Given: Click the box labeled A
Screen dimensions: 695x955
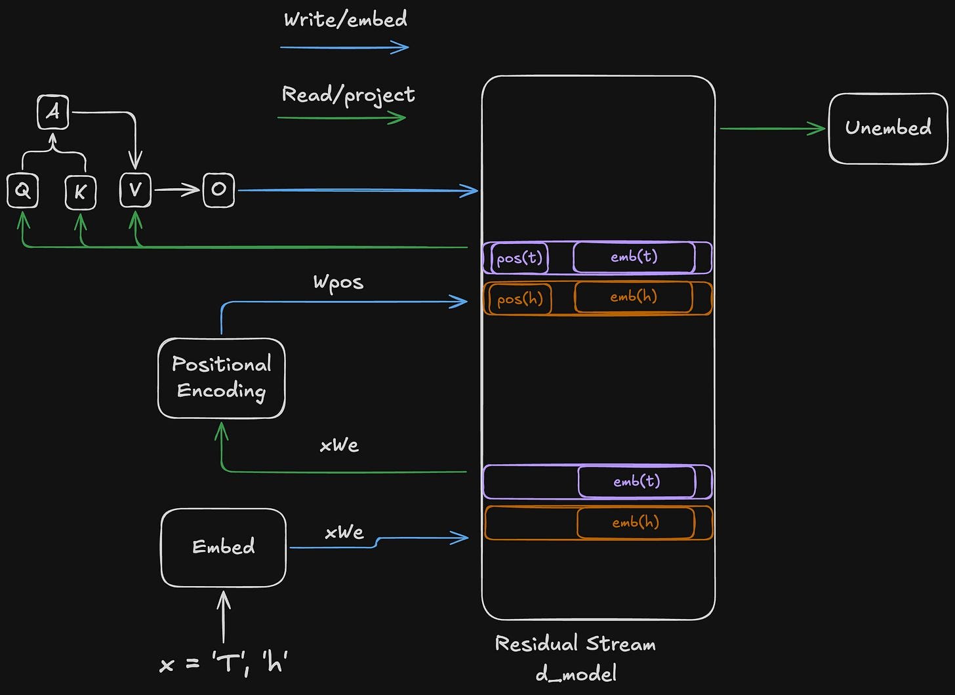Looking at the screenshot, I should [53, 112].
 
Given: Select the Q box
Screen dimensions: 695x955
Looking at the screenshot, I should [22, 191].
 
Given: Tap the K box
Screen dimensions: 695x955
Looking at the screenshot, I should [81, 192].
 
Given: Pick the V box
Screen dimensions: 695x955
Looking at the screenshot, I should [135, 190].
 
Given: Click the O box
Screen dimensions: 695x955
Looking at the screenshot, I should [218, 190].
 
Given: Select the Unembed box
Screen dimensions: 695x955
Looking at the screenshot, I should [888, 129].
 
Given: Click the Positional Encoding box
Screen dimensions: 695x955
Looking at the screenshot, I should [222, 378].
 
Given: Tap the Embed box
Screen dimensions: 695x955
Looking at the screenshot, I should [224, 547].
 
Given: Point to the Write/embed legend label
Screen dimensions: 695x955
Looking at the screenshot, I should [345, 20].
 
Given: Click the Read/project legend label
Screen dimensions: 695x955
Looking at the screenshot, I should [348, 95].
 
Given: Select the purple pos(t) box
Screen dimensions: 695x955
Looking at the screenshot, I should [519, 258].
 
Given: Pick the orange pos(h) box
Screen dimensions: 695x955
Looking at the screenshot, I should [520, 299].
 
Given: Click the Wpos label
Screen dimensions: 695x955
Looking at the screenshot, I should [338, 283].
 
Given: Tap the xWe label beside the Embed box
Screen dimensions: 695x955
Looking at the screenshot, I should [344, 532].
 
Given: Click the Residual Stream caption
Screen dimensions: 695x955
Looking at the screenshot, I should [575, 644].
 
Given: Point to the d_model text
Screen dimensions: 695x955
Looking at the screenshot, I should [576, 673].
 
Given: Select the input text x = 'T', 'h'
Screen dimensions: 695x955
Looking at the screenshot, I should [224, 664].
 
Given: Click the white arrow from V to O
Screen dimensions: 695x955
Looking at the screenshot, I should [176, 190].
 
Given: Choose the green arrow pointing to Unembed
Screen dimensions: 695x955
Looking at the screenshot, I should [772, 129].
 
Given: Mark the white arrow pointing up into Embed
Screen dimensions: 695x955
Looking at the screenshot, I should [224, 616].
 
